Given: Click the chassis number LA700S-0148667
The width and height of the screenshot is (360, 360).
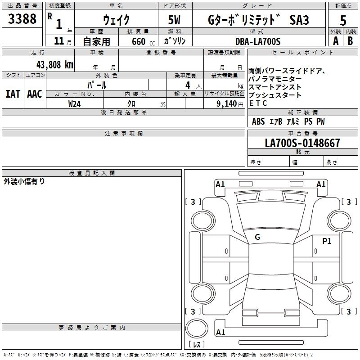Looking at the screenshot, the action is (x=302, y=144).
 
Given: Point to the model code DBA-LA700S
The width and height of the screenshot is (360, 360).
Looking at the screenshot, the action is (x=258, y=41).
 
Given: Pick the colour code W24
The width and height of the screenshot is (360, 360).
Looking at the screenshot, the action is (x=75, y=103).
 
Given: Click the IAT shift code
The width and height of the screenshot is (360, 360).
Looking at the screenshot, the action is (x=13, y=94).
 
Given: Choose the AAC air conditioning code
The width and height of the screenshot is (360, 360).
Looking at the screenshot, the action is (x=35, y=94).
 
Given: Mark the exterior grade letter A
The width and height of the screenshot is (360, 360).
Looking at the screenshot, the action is (x=335, y=41).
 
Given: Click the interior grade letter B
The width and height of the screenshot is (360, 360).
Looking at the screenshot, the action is (x=351, y=41).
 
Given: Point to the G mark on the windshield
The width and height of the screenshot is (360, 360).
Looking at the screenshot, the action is (x=257, y=237).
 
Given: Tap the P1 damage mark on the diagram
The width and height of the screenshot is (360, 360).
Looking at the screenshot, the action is (x=327, y=241).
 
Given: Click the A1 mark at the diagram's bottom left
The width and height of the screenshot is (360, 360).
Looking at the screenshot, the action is (x=220, y=333).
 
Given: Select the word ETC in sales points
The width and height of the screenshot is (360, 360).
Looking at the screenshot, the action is (x=258, y=103).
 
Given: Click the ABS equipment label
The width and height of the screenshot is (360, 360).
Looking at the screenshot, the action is (x=258, y=121).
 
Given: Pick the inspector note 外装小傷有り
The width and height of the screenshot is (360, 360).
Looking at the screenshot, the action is (x=24, y=181).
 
